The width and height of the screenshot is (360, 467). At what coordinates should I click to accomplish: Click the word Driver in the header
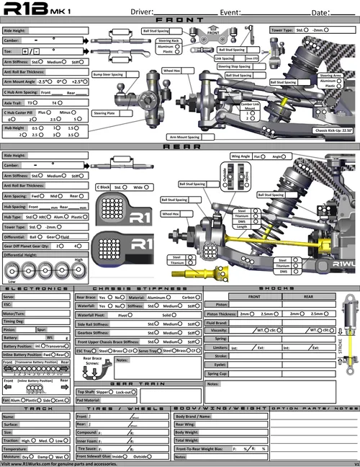coord(143,12)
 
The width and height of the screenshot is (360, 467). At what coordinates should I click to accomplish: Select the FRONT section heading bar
coord(179,21)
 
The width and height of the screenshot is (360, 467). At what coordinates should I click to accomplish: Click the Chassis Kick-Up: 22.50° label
coord(333,130)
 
